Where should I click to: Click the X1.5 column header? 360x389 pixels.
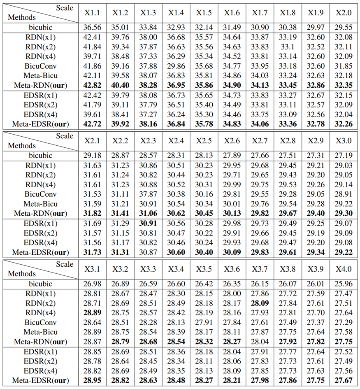pyautogui.click(x=204, y=13)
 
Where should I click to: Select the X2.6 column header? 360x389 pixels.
pyautogui.click(x=232, y=141)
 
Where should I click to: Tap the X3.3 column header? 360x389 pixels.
pyautogui.click(x=148, y=270)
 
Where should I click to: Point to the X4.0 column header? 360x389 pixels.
pyautogui.click(x=344, y=270)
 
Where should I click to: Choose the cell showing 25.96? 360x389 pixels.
pyautogui.click(x=344, y=284)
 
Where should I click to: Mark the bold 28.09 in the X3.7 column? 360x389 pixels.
pyautogui.click(x=260, y=303)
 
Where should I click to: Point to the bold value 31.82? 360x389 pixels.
pyautogui.click(x=92, y=214)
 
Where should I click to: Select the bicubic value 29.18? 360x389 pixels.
pyautogui.click(x=92, y=155)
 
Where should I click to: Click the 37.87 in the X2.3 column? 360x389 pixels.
pyautogui.click(x=148, y=194)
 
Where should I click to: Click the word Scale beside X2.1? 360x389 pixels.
pyautogui.click(x=65, y=136)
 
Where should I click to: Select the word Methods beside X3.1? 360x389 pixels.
pyautogui.click(x=22, y=274)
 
